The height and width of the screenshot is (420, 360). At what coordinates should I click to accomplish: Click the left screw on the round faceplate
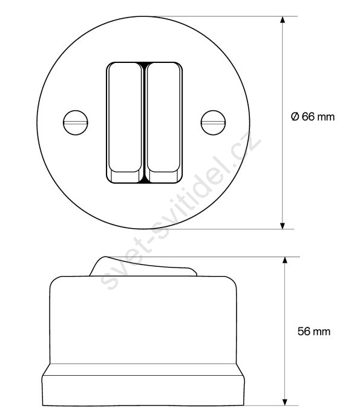(x=76, y=123)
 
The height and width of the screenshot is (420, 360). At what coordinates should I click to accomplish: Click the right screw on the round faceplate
(x=213, y=123)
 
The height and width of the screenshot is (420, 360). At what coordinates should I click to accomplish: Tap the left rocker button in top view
(x=125, y=123)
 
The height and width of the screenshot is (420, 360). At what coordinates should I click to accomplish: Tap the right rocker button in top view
(x=163, y=123)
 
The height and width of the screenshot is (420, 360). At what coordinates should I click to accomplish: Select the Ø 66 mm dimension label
(x=313, y=117)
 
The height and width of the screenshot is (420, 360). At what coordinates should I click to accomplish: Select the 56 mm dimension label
(x=314, y=332)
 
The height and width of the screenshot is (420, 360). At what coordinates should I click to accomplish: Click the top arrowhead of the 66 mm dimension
(x=283, y=20)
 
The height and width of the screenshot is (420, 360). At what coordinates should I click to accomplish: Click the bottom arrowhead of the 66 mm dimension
(x=283, y=226)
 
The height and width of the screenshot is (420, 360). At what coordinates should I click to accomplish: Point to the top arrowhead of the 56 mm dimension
(x=285, y=261)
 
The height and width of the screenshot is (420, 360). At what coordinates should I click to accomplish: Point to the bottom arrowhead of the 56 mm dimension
(x=285, y=402)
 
